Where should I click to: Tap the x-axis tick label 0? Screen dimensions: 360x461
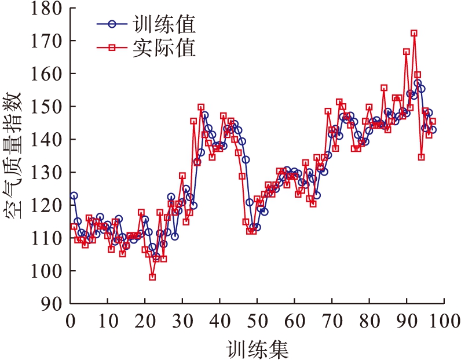(x=71, y=319)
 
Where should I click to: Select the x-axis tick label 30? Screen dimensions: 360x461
(x=182, y=319)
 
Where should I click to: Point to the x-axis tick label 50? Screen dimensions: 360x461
(x=257, y=319)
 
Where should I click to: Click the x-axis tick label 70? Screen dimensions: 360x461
(x=332, y=319)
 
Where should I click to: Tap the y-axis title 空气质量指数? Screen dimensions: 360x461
(x=14, y=157)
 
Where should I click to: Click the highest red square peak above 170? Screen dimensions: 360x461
(x=414, y=34)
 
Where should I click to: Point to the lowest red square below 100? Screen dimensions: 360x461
(x=152, y=277)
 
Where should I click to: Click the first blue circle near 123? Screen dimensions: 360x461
(x=74, y=196)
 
